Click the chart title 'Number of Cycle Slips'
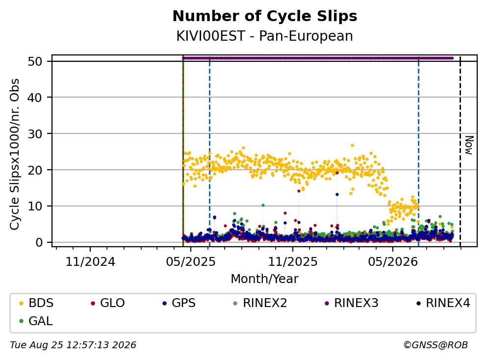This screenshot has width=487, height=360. click(x=265, y=16)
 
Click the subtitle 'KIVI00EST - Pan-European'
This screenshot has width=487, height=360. click(x=265, y=36)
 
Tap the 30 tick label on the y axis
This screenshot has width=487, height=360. click(x=35, y=134)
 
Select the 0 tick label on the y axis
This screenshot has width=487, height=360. click(x=39, y=242)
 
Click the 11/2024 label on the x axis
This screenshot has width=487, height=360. click(x=90, y=262)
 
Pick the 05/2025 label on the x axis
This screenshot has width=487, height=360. click(x=191, y=262)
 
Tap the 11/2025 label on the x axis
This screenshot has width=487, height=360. click(x=293, y=262)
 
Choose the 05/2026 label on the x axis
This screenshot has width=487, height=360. click(x=393, y=262)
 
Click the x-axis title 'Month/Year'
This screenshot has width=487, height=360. click(x=265, y=279)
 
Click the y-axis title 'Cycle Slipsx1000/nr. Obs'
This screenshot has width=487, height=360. click(x=15, y=154)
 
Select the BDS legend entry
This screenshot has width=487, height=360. click(x=36, y=303)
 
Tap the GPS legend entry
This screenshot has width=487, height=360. click(x=179, y=303)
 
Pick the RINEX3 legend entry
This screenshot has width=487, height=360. click(x=352, y=303)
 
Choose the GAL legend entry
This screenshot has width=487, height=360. click(x=36, y=321)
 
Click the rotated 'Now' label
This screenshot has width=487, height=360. click(x=469, y=145)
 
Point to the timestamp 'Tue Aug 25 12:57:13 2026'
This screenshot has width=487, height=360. click(x=73, y=345)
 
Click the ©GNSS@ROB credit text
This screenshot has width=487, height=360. click(x=436, y=345)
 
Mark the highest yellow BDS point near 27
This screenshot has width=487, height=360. click(x=352, y=145)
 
